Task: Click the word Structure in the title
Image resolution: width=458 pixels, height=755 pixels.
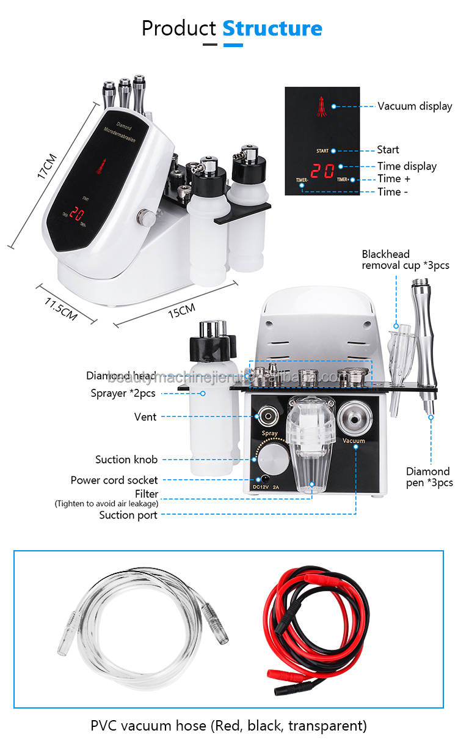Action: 272,29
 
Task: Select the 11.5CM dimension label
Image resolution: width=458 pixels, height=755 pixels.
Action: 60,308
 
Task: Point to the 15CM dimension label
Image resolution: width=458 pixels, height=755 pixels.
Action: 182,312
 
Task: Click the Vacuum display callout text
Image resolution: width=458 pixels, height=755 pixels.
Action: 415,106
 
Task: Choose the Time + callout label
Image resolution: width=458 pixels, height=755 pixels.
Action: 394,179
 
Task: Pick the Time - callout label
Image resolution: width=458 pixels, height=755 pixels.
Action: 393,191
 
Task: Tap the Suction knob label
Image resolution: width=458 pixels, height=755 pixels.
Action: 126,459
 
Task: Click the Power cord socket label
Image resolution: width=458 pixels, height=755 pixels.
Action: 114,481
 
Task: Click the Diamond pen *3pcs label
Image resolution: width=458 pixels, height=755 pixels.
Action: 429,477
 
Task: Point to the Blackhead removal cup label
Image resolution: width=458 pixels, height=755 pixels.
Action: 405,260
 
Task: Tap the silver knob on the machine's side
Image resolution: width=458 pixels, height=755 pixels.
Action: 145,216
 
